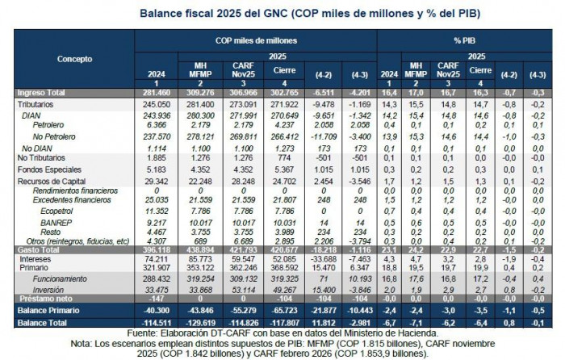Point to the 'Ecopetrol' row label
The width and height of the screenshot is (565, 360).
point(77,210)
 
